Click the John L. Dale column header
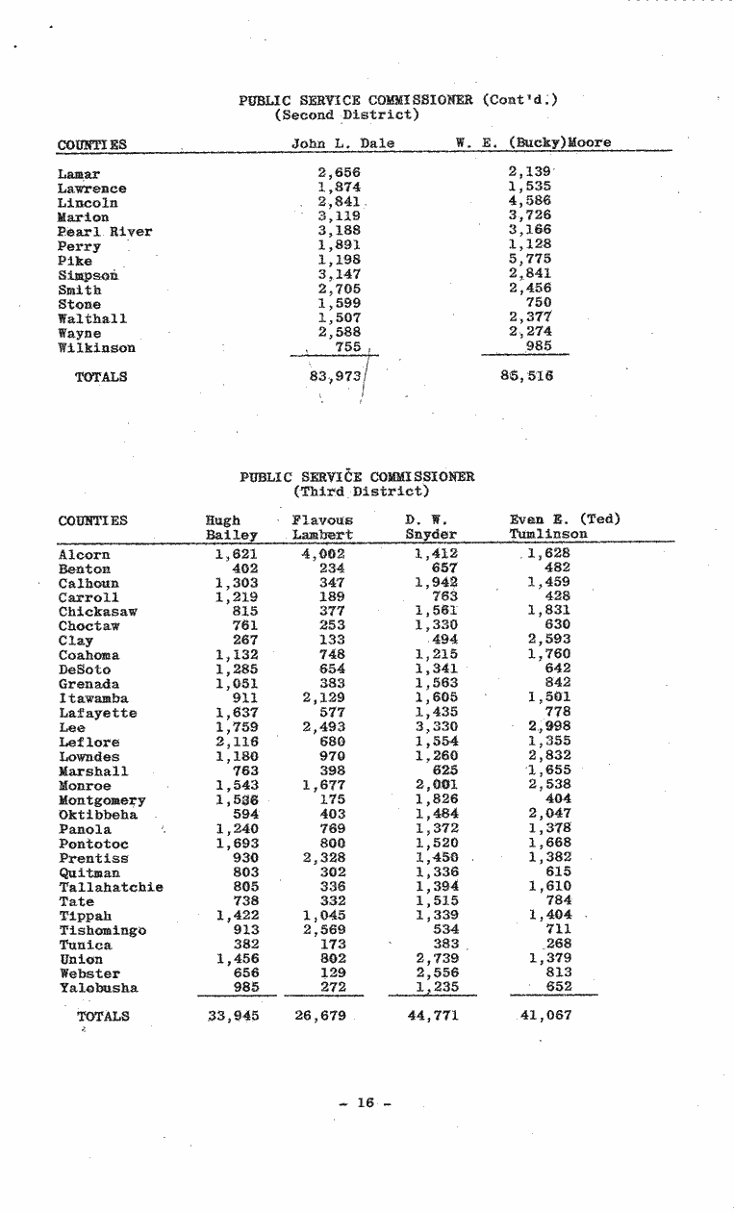(342, 144)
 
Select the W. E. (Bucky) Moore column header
(533, 144)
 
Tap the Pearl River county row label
(105, 232)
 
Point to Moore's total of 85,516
(526, 376)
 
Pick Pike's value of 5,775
(529, 261)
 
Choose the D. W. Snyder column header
(430, 527)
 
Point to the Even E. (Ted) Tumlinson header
(564, 527)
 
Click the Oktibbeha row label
(98, 815)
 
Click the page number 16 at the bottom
(365, 1103)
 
